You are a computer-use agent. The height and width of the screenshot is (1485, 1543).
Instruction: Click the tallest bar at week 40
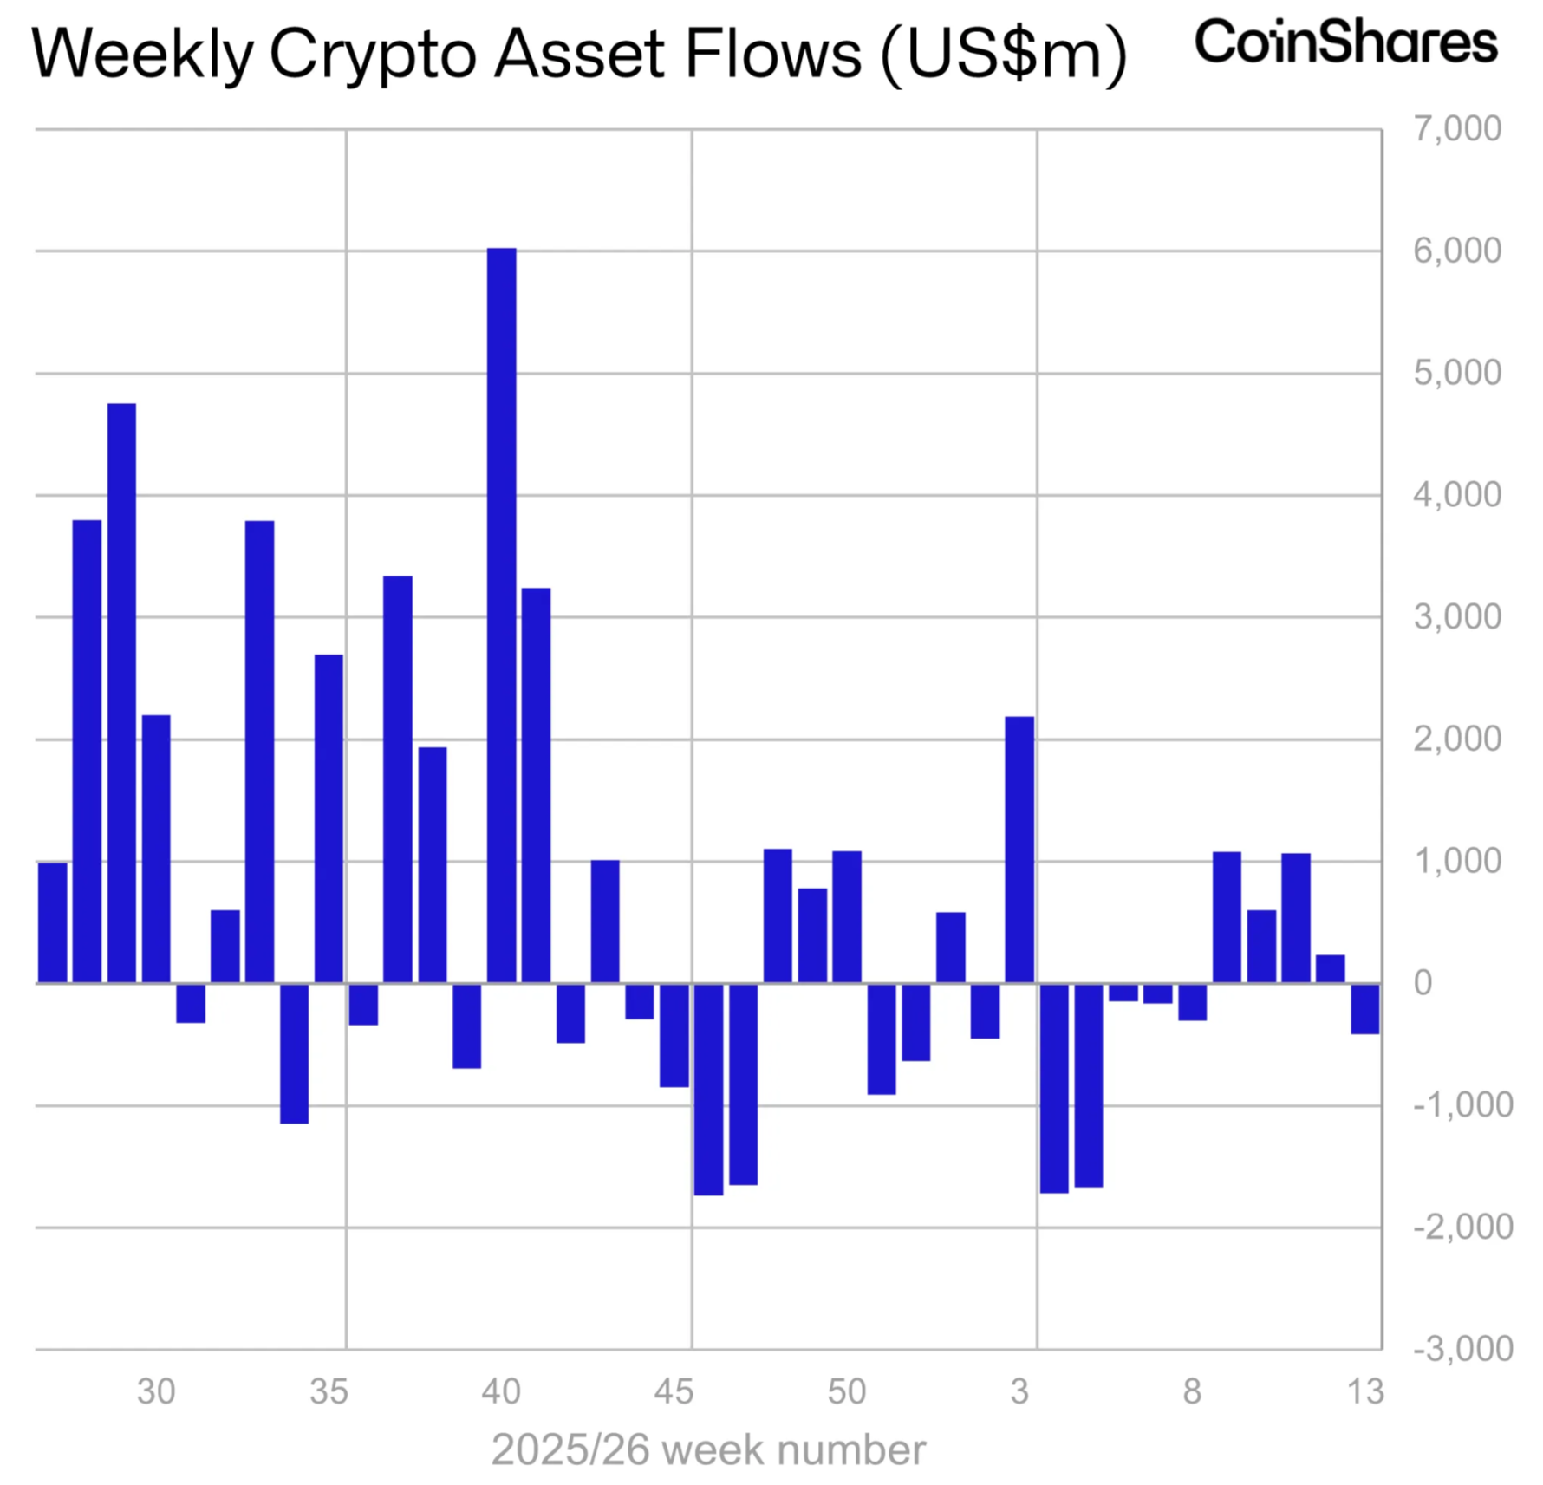(501, 615)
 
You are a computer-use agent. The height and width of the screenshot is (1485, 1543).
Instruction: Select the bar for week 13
(1364, 1007)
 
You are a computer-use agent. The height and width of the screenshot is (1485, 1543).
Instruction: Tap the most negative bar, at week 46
(708, 1088)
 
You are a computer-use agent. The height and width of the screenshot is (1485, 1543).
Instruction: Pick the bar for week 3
(1019, 849)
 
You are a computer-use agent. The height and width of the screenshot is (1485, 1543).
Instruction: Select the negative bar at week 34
(294, 1052)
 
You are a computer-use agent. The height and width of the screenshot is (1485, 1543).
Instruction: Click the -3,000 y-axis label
(1462, 1348)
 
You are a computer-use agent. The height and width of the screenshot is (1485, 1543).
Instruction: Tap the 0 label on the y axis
(1423, 982)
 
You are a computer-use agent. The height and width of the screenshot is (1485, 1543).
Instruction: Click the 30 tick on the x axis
(156, 1391)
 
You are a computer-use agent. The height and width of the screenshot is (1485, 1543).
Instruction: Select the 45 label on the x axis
(674, 1391)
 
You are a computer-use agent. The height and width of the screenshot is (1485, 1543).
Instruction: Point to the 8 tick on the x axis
(1192, 1391)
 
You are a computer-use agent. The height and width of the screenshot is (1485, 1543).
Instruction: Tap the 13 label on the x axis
(1364, 1391)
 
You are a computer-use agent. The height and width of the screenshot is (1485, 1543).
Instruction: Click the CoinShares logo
(1345, 42)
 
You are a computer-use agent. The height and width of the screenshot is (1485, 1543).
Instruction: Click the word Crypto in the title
(374, 55)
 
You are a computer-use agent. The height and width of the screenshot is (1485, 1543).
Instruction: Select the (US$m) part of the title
(1004, 55)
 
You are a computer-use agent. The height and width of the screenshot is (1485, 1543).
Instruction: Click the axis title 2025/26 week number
(708, 1449)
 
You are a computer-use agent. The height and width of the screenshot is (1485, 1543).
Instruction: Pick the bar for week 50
(846, 916)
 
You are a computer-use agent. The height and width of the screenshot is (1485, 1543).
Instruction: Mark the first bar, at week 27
(52, 922)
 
